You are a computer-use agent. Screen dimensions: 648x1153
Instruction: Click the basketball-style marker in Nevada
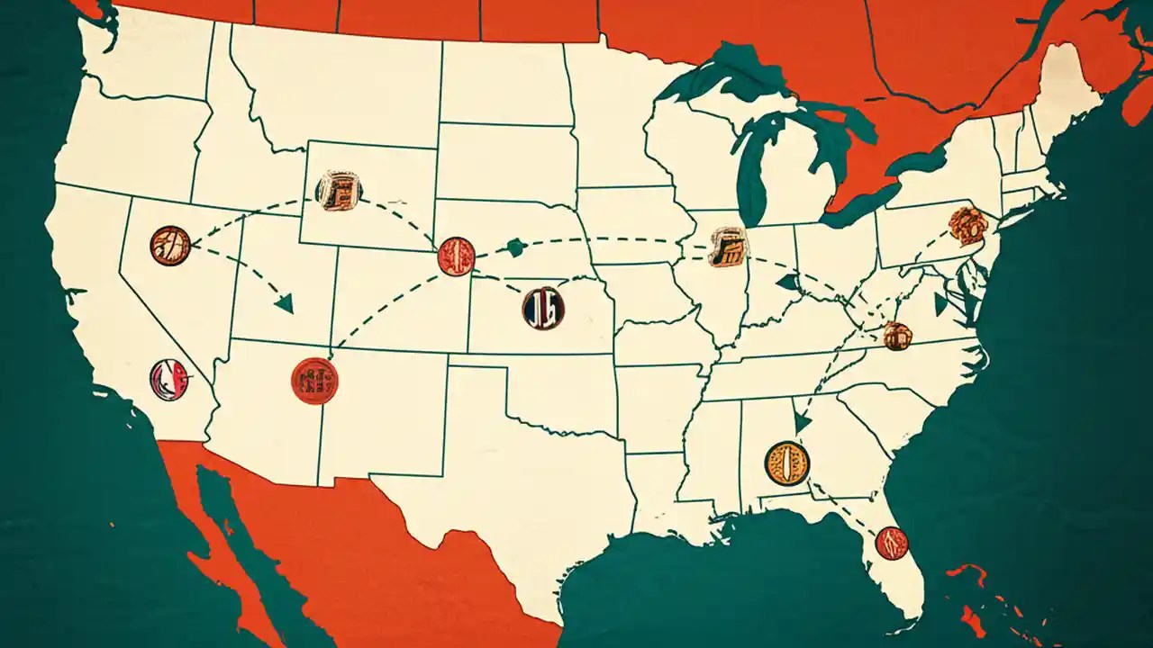pos(170,245)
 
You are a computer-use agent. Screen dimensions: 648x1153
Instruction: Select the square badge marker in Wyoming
pos(339,191)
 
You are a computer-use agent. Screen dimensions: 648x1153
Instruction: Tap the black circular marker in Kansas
pos(543,308)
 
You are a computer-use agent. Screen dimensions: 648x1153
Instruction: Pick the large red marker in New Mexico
pos(314,381)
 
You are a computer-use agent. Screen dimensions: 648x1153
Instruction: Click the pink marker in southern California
pos(169,380)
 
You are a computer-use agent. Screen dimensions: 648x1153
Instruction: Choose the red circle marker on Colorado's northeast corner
pos(456,256)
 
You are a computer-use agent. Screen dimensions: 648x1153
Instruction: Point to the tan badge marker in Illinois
pos(728,247)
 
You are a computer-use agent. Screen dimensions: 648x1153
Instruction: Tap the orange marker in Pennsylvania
pos(968,226)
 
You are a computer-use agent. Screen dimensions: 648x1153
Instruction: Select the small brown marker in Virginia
pos(897,336)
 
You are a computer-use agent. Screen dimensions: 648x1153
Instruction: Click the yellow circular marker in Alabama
pos(786,463)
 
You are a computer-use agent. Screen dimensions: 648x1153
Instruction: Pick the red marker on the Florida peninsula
pos(892,543)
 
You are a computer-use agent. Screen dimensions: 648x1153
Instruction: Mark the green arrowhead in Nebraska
pos(516,247)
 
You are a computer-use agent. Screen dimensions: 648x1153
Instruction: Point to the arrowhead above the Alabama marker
pos(803,422)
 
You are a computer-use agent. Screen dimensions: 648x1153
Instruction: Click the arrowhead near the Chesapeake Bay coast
pos(941,304)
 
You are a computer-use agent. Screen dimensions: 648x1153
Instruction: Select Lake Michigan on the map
pos(749,171)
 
